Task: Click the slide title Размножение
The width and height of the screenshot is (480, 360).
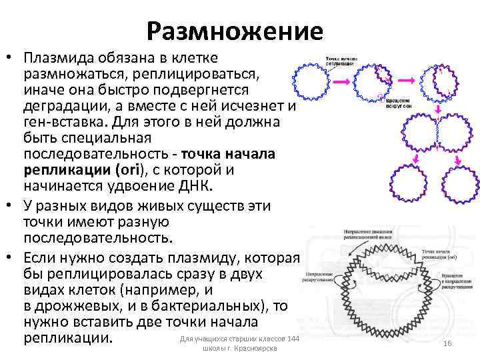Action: pos(235,31)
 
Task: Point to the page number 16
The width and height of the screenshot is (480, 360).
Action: pos(448,343)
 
